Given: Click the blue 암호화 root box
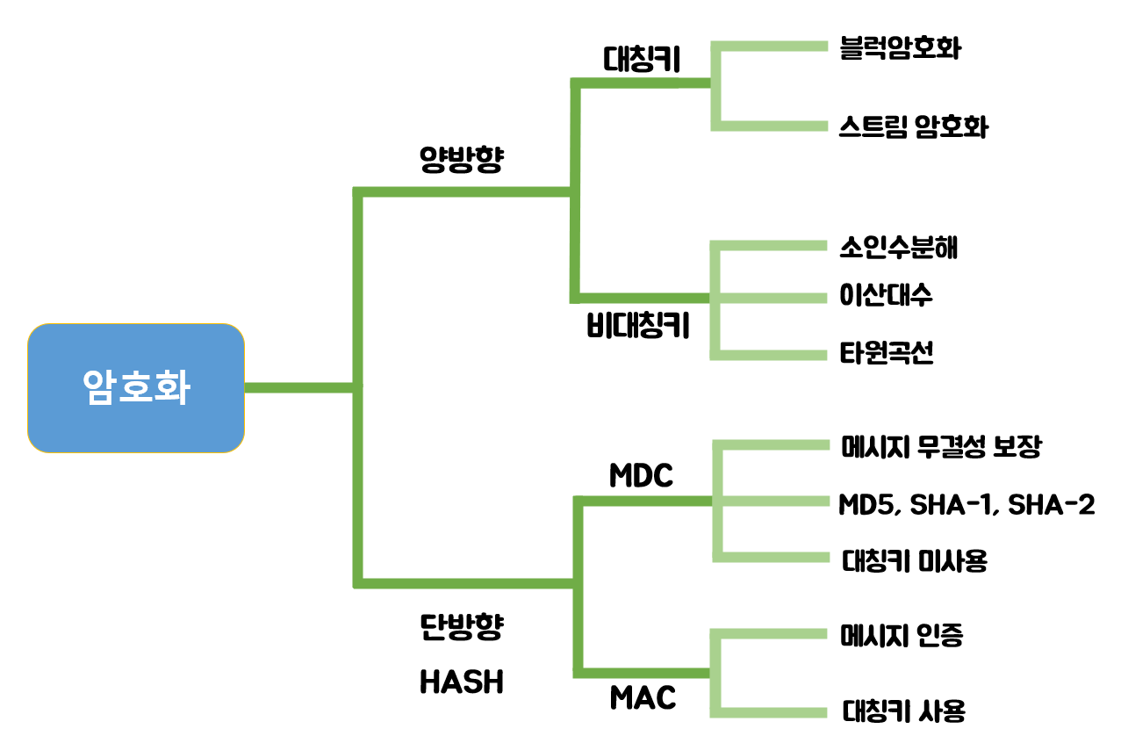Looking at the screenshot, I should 135,387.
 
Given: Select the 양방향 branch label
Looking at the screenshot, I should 461,159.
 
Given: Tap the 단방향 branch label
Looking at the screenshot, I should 461,626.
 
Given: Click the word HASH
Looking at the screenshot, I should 461,682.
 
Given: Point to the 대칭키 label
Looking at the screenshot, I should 643,58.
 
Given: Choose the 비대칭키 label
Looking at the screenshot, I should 637,327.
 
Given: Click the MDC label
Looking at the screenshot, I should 641,475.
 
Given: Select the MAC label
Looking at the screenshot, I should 643,698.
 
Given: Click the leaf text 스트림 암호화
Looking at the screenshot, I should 913,126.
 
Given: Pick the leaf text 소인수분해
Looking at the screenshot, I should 898,248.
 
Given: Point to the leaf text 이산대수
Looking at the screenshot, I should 886,296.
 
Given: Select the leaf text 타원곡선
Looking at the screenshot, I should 886,353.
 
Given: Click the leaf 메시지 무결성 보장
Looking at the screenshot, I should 940,447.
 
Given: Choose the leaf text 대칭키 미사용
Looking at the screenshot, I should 914,560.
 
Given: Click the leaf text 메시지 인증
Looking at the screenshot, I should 902,635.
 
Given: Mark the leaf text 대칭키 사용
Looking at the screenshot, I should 903,710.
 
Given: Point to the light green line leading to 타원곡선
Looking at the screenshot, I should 772,354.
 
